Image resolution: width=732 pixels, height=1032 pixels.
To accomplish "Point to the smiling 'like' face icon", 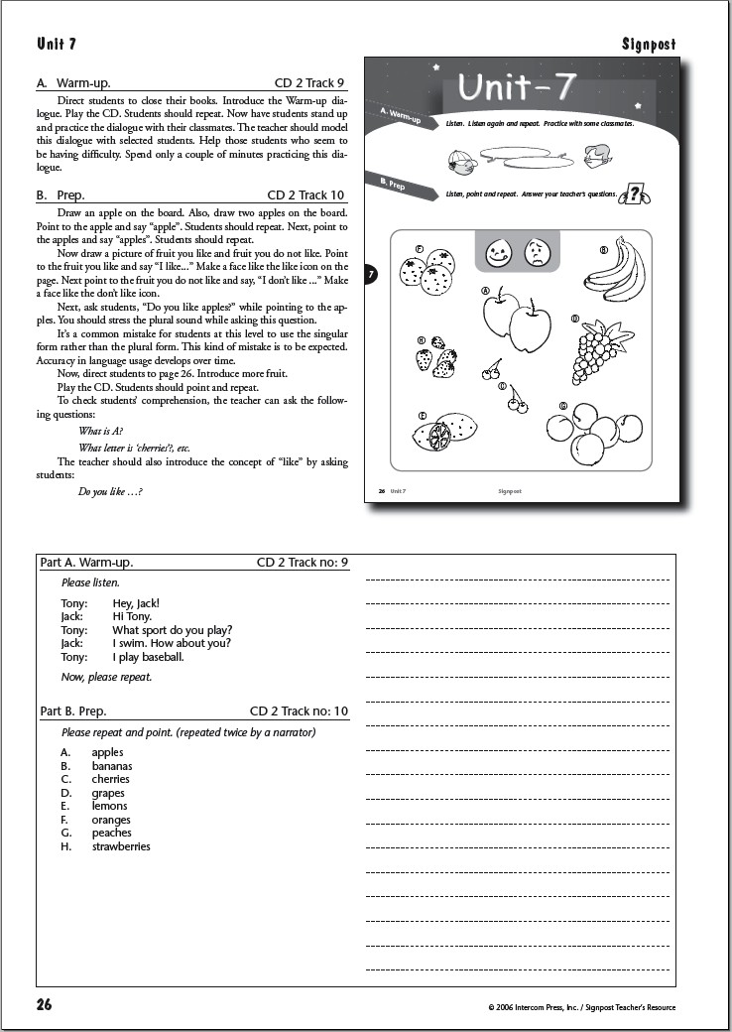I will [x=498, y=254].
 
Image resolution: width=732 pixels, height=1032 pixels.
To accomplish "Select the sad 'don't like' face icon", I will [x=537, y=254].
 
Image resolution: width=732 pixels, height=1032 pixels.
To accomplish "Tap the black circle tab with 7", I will [x=371, y=274].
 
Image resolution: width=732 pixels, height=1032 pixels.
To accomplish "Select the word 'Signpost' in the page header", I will [x=649, y=44].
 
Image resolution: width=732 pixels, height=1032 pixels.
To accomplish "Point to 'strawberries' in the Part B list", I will [x=121, y=846].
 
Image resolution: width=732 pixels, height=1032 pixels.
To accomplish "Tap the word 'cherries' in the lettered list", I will [x=110, y=779].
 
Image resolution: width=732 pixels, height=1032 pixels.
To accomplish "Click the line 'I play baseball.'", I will [x=148, y=657].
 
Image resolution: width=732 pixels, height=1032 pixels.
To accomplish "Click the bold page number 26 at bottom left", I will [x=45, y=1004].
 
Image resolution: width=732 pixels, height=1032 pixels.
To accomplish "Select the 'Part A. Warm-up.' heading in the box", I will [x=87, y=563].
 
